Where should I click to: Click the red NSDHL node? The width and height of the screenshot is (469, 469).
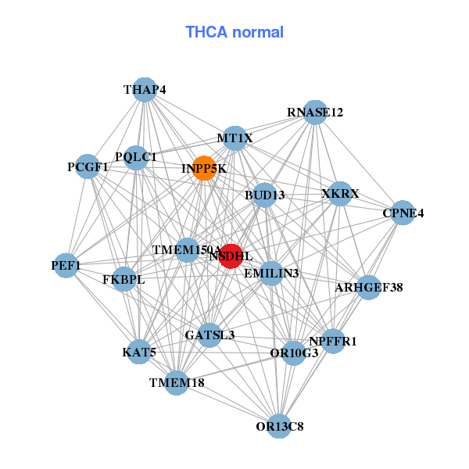[x=230, y=256]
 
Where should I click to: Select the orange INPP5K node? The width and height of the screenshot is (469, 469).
[x=204, y=169]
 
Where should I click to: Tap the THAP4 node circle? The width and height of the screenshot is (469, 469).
[x=145, y=90]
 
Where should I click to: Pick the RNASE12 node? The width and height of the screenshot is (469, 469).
[x=315, y=113]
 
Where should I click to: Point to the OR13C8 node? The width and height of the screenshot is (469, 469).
[x=279, y=426]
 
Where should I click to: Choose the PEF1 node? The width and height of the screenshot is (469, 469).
[x=66, y=266]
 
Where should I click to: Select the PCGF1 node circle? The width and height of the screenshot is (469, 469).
[x=88, y=166]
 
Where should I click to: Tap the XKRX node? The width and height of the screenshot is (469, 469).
[x=339, y=193]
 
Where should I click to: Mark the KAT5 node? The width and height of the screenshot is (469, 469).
[x=140, y=352]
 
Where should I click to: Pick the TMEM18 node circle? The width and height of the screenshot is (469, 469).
[x=177, y=383]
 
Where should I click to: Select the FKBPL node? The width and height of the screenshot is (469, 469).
[x=124, y=279]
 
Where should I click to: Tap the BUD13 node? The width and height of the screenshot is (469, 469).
[x=264, y=195]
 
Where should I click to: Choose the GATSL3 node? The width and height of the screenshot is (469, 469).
[x=209, y=335]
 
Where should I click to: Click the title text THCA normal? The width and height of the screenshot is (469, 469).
[x=234, y=32]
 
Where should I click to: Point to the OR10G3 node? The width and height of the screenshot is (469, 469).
[x=294, y=353]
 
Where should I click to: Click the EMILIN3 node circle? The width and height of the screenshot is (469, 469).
[x=271, y=274]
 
